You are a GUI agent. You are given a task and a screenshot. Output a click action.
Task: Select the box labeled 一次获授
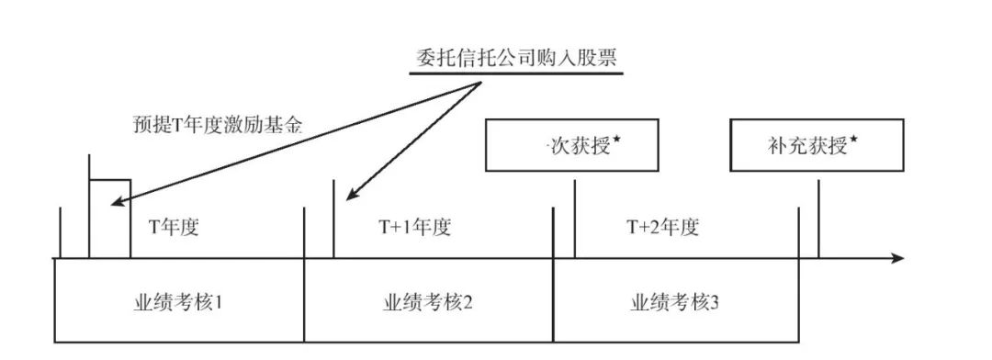pyautogui.click(x=571, y=145)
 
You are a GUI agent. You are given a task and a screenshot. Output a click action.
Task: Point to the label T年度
pyautogui.click(x=174, y=228)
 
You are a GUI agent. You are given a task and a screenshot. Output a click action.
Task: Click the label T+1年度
pyautogui.click(x=415, y=228)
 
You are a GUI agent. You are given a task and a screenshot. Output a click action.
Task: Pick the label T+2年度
pyautogui.click(x=663, y=228)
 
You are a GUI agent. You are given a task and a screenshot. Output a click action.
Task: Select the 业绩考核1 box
pyautogui.click(x=180, y=301)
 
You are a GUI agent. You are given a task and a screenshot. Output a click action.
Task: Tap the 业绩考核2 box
pyautogui.click(x=428, y=301)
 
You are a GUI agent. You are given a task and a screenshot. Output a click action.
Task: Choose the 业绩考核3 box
pyautogui.click(x=676, y=301)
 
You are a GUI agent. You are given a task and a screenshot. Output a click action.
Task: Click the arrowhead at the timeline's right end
pyautogui.click(x=898, y=259)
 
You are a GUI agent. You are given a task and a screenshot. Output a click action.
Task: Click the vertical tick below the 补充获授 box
pyautogui.click(x=818, y=220)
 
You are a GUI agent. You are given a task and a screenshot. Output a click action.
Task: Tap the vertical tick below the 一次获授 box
pyautogui.click(x=574, y=220)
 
